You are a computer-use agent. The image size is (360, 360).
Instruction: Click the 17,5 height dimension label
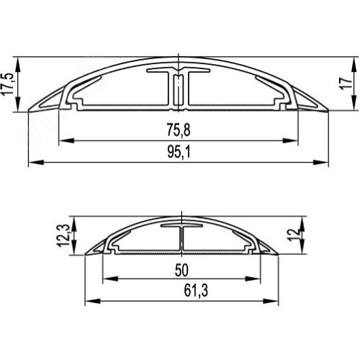(7, 84)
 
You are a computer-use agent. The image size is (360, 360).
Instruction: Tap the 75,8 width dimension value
(179, 130)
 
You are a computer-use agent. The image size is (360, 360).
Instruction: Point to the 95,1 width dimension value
(179, 152)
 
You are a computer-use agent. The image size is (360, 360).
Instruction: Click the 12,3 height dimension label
(63, 235)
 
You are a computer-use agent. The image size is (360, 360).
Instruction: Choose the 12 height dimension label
(294, 235)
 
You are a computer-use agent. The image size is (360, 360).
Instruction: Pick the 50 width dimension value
(181, 270)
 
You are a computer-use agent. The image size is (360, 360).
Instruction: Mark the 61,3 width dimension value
(196, 291)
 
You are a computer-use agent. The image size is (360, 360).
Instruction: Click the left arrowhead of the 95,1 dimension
(36, 163)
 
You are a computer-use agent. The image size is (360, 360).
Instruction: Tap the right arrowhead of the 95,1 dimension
(320, 163)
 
